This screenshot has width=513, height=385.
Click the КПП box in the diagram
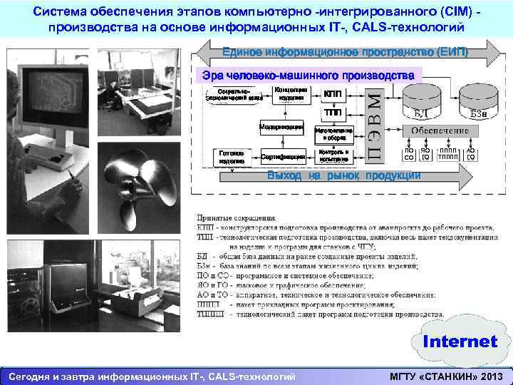pos(332,94)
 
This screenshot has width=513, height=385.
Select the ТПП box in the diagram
pos(332,113)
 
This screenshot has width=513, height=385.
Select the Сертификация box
pos(283,156)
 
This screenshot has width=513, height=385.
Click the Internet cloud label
pos(460,342)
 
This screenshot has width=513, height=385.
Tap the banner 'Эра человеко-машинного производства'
pos(308,76)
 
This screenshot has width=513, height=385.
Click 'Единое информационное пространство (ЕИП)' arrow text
pos(345,52)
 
